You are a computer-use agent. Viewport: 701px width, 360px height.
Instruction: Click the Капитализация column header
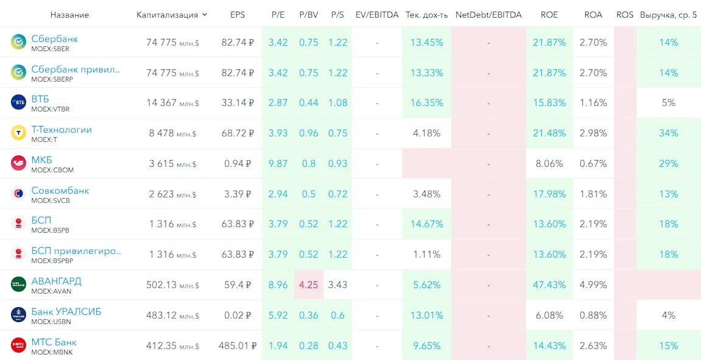coord(167,15)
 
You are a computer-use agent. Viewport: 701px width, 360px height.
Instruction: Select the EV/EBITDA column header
coord(377,15)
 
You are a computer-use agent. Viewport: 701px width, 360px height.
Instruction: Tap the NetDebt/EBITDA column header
coord(488,15)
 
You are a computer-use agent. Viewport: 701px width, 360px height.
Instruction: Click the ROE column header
coord(549,15)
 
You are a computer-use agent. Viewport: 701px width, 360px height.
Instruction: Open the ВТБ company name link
coord(40,99)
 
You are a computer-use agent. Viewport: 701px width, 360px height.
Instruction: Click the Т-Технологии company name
coord(62,130)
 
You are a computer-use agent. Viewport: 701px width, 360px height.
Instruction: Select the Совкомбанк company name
coord(60,191)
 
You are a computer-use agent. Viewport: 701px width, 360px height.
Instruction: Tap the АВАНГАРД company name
coord(56,281)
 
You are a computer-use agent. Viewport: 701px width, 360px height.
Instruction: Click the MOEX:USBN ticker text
coord(51,322)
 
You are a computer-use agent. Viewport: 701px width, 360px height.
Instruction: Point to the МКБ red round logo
coord(19,163)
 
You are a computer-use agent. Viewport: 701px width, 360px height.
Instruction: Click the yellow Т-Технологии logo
coord(19,132)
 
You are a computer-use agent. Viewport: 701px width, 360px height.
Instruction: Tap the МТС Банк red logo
coord(19,345)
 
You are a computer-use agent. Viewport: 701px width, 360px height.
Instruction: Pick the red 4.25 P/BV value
coord(308,284)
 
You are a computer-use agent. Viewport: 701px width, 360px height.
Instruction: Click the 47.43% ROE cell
coord(549,284)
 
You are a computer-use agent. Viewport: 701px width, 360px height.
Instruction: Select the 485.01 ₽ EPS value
coord(238,345)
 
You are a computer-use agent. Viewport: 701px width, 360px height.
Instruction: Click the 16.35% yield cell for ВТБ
coord(427,103)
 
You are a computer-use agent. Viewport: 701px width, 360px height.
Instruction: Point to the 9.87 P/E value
coord(278,163)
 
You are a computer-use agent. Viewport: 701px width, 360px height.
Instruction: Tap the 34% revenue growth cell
coord(668,133)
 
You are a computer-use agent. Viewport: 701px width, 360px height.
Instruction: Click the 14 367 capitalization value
coord(161,103)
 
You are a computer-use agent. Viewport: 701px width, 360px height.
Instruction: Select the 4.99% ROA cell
coord(593,284)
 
